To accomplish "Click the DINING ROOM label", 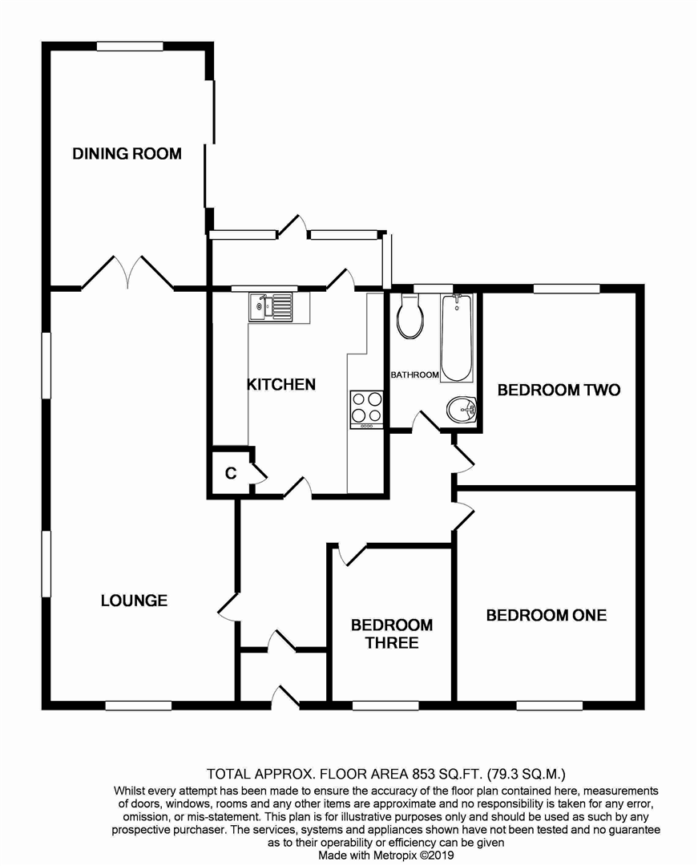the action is (x=127, y=153).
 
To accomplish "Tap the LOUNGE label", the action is (x=134, y=601).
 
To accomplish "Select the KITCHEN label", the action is (x=280, y=384).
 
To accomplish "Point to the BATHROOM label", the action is (x=414, y=374).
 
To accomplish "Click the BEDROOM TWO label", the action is (x=559, y=390).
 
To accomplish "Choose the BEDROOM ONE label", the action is (x=547, y=615).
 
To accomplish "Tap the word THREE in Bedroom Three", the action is (x=392, y=643).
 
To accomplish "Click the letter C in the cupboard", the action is (x=231, y=473).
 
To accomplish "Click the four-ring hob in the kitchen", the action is (x=366, y=409).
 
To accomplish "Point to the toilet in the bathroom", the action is (x=410, y=315).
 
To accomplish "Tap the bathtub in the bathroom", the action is (x=456, y=338).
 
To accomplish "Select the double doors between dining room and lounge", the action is (x=128, y=272).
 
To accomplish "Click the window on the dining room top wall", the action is (x=130, y=47).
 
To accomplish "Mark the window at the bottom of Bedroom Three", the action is (x=385, y=706).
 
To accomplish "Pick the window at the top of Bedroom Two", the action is (x=567, y=289).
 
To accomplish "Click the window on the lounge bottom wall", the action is (x=139, y=706).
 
